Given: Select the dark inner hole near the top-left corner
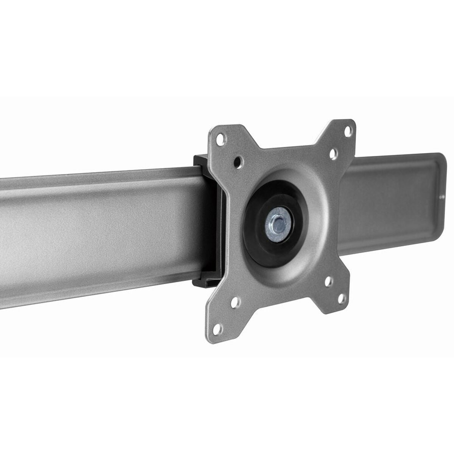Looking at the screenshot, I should pyautogui.click(x=238, y=161).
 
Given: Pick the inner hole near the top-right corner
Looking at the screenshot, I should pyautogui.click(x=333, y=153).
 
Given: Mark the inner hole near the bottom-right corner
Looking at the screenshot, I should pyautogui.click(x=328, y=280).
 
